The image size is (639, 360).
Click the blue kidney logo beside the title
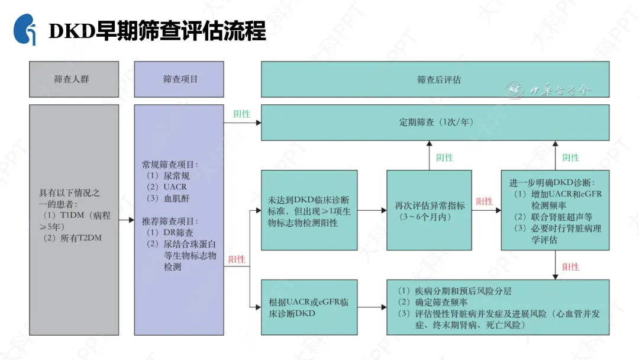click(25, 30)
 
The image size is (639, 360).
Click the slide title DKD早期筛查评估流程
click(157, 31)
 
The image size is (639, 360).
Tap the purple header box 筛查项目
click(179, 79)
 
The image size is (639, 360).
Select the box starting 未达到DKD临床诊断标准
click(309, 210)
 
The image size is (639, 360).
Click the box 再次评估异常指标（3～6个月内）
click(430, 210)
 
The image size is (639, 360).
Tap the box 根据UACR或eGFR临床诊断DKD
click(309, 307)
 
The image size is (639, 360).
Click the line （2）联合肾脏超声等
click(553, 217)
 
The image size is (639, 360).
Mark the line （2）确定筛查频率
click(434, 302)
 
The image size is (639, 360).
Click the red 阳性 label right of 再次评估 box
click(484, 201)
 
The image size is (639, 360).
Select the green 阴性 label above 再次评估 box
click(444, 157)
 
